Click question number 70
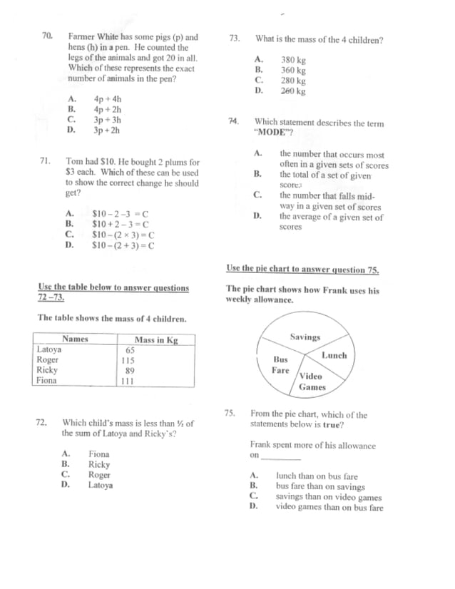pyautogui.click(x=47, y=36)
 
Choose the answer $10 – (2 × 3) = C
pyautogui.click(x=123, y=235)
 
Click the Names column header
pyautogui.click(x=75, y=339)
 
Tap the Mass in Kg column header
pyautogui.click(x=155, y=340)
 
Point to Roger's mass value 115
pyautogui.click(x=128, y=361)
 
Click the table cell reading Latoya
pyautogui.click(x=49, y=350)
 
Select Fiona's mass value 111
pyautogui.click(x=128, y=381)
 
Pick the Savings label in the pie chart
pyautogui.click(x=305, y=337)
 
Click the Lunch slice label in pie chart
pyautogui.click(x=334, y=355)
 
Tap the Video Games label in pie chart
pyautogui.click(x=312, y=381)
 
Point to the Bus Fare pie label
pyautogui.click(x=281, y=365)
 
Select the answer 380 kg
pyautogui.click(x=293, y=61)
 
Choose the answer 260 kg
pyautogui.click(x=293, y=91)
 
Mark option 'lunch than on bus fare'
pyautogui.click(x=317, y=476)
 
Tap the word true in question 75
pyautogui.click(x=332, y=424)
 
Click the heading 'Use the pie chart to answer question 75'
pyautogui.click(x=302, y=269)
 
